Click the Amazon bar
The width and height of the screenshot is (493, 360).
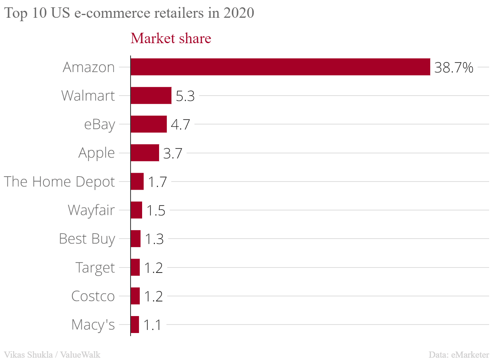pyautogui.click(x=280, y=67)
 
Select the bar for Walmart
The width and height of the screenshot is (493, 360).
pyautogui.click(x=151, y=96)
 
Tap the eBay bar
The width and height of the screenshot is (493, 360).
pyautogui.click(x=149, y=124)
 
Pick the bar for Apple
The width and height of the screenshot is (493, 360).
pyautogui.click(x=145, y=153)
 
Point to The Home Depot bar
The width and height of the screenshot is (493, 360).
pyautogui.click(x=137, y=182)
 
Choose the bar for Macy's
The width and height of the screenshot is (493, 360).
pyautogui.click(x=135, y=325)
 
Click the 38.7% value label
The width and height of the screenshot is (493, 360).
pyautogui.click(x=454, y=68)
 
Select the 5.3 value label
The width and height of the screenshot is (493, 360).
pyautogui.click(x=185, y=96)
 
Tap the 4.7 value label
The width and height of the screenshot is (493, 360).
pyautogui.click(x=181, y=125)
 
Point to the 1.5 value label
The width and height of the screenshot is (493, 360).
pyautogui.click(x=156, y=211)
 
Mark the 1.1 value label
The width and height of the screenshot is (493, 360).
pyautogui.click(x=152, y=325)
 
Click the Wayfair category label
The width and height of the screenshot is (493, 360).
pyautogui.click(x=91, y=210)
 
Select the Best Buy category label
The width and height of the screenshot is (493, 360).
pyautogui.click(x=87, y=239)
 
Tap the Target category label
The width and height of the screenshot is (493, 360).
pyautogui.click(x=95, y=267)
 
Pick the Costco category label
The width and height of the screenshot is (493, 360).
pyautogui.click(x=93, y=296)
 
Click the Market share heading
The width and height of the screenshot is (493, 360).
pyautogui.click(x=171, y=38)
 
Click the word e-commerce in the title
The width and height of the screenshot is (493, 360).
pyautogui.click(x=115, y=13)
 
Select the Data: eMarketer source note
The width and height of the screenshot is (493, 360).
pyautogui.click(x=459, y=354)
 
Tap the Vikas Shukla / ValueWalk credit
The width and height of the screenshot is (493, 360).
pyautogui.click(x=52, y=354)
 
